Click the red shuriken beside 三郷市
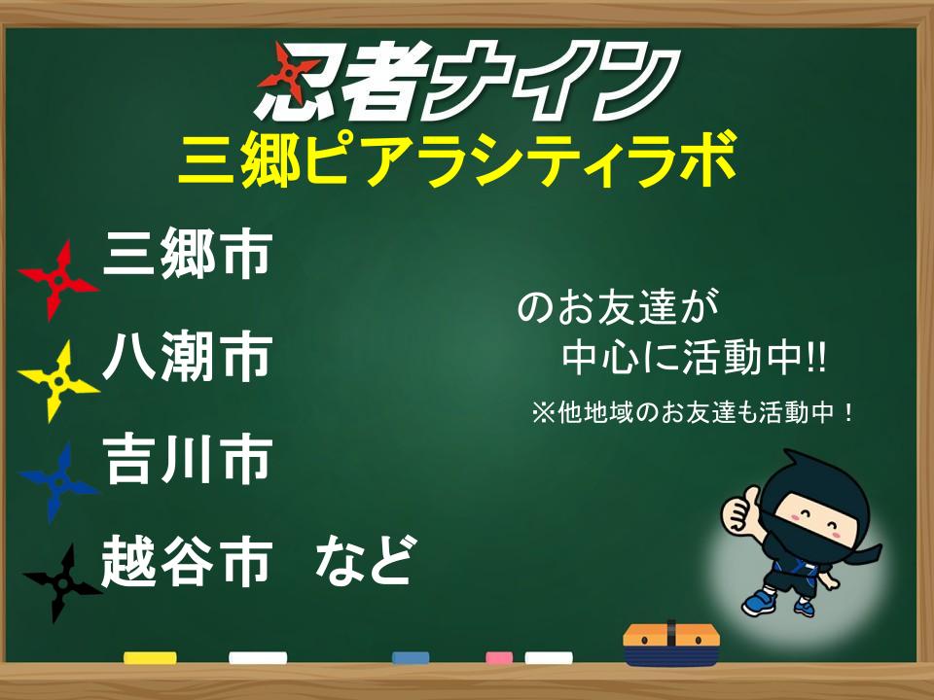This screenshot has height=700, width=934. click(x=58, y=280)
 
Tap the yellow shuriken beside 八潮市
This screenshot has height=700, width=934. click(x=58, y=381)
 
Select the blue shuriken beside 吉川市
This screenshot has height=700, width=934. click(x=58, y=483)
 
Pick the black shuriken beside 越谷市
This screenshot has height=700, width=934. click(x=62, y=584)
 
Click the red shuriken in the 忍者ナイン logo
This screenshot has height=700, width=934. click(x=288, y=73)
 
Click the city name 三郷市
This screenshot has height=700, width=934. click(x=188, y=255)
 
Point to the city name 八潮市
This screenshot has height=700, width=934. click(x=188, y=357)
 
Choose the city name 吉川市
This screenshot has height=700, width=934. click(x=188, y=459)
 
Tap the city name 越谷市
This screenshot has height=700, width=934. click(x=188, y=561)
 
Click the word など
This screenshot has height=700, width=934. click(x=364, y=560)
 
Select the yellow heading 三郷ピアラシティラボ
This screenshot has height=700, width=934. click(x=457, y=159)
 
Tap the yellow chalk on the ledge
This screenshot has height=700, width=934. click(x=150, y=658)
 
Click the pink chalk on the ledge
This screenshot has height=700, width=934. click(x=499, y=658)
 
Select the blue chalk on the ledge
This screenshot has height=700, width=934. click(x=411, y=658)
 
